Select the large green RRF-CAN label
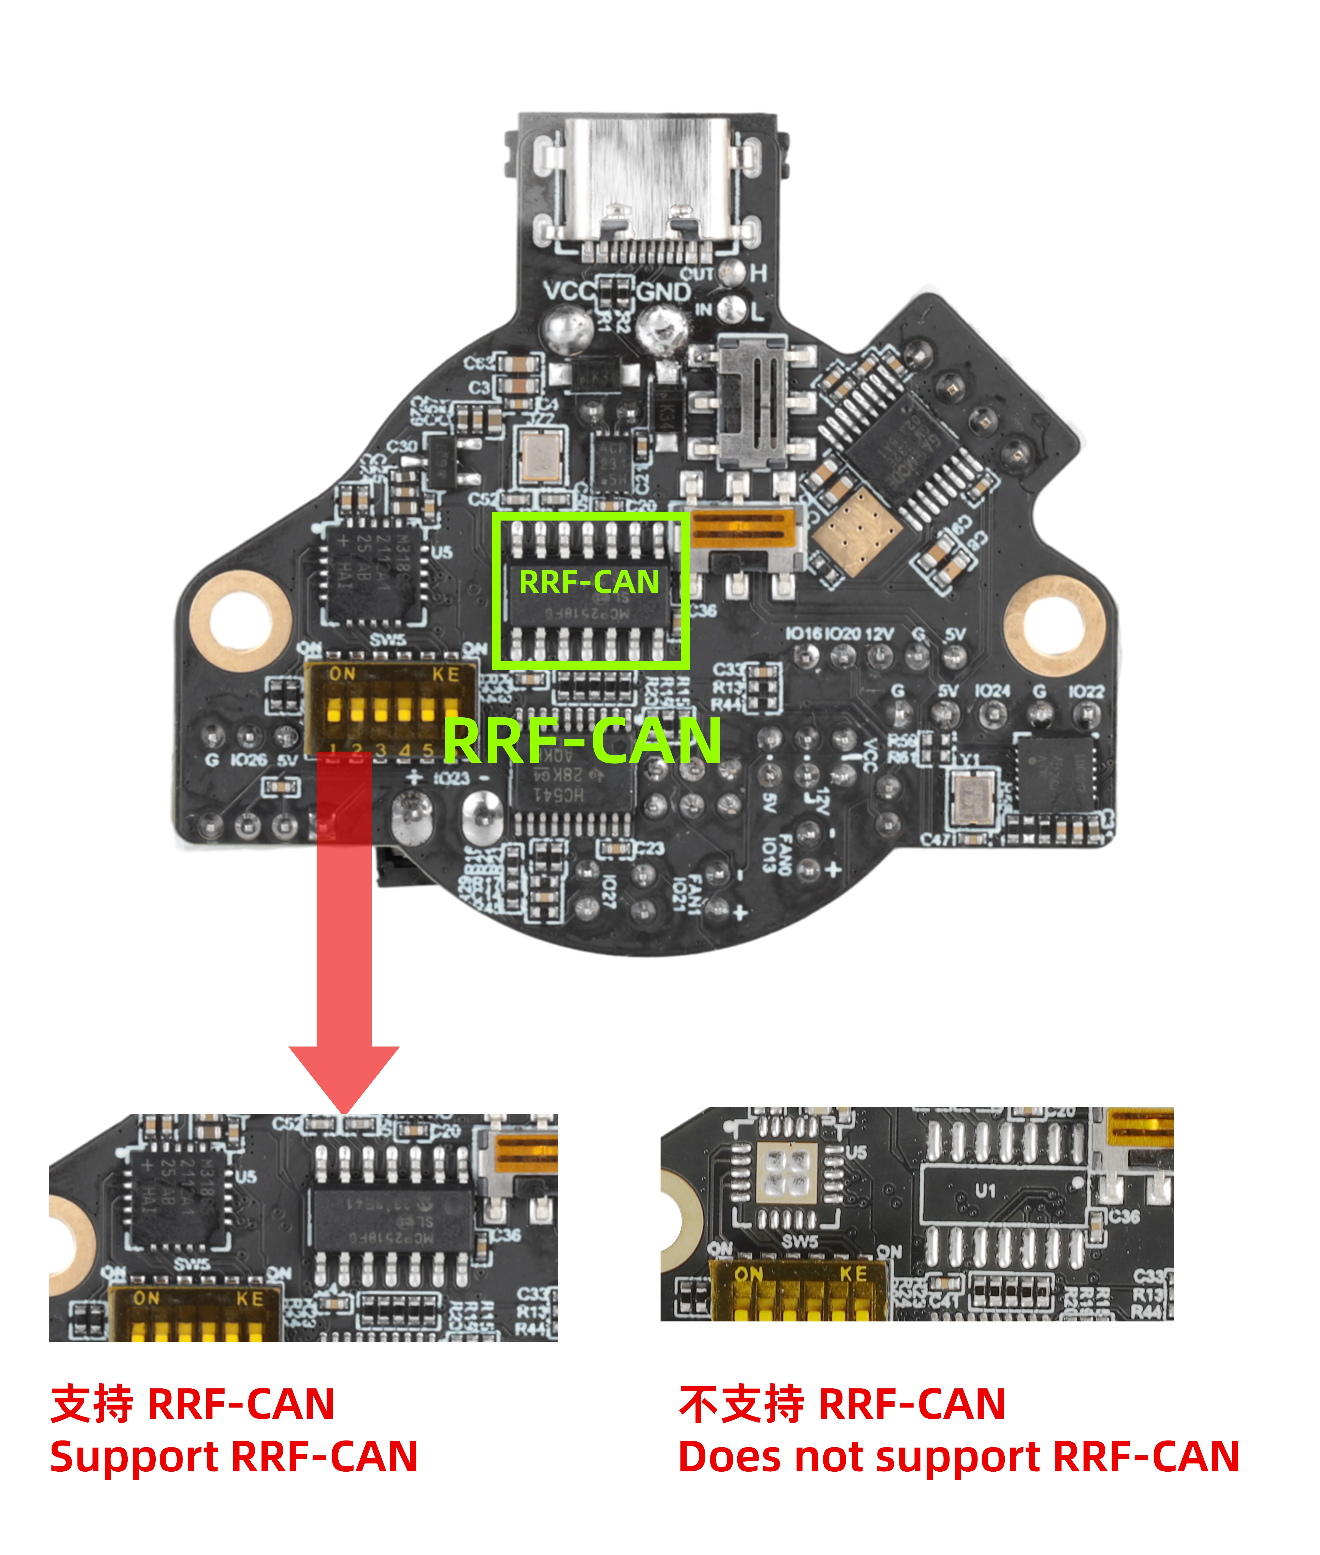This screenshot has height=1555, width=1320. [x=582, y=741]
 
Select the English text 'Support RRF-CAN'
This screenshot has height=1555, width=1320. [x=234, y=1457]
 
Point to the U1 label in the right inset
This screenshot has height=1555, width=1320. [x=986, y=1190]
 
